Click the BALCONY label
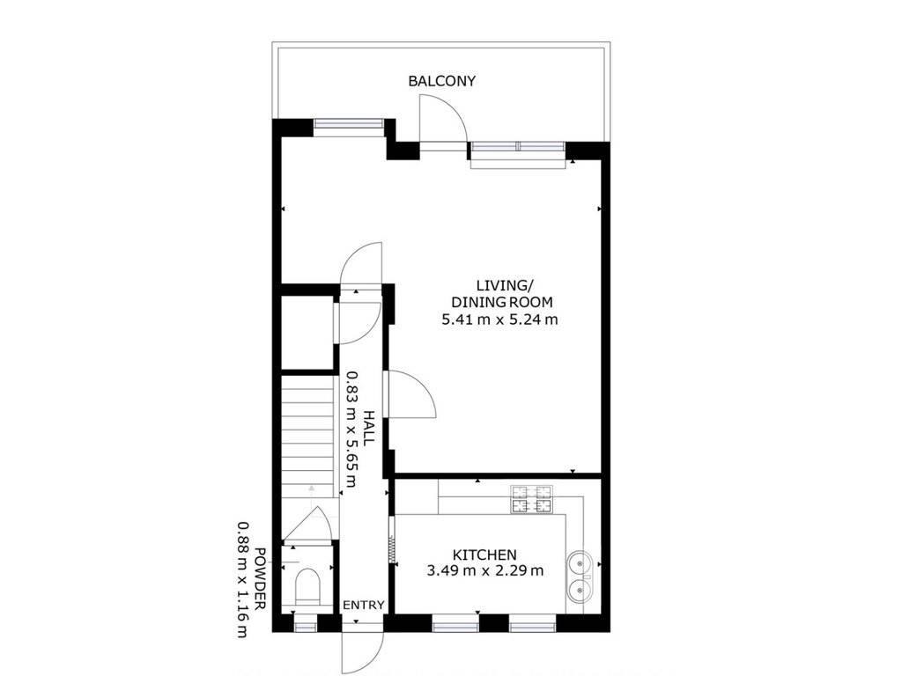442,81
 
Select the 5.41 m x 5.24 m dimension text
499,319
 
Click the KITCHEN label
484,555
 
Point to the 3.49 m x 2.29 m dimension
485,570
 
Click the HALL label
369,427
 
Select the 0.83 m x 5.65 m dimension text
351,429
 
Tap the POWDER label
261,579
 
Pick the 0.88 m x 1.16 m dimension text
244,579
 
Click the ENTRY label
364,605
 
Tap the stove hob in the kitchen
531,499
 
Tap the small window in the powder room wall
306,623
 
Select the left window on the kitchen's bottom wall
455,623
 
